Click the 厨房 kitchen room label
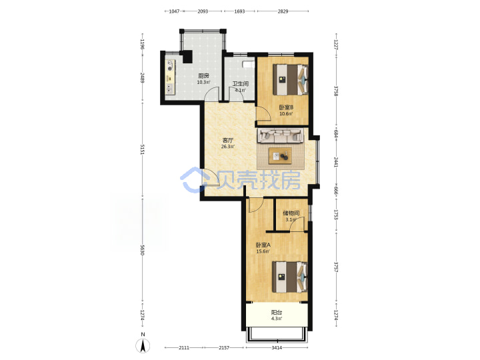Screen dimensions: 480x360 (x=203, y=76)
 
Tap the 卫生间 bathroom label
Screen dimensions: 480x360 (x=240, y=83)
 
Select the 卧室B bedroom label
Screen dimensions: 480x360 (x=286, y=107)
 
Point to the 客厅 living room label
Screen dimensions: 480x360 (x=228, y=141)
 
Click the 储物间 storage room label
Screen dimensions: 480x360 (x=291, y=213)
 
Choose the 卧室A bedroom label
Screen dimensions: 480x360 (x=263, y=245)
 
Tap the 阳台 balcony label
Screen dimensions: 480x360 (x=277, y=313)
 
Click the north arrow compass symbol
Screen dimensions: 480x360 (x=143, y=346)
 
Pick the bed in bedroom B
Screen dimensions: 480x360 (x=291, y=79)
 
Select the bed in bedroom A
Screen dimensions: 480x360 (x=290, y=277)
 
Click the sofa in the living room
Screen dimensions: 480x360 (x=281, y=136)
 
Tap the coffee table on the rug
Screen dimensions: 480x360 (x=280, y=156)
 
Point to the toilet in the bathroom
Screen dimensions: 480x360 (x=248, y=65)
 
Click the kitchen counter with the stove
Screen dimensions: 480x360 (x=170, y=76)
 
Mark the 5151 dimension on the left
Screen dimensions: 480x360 (x=142, y=149)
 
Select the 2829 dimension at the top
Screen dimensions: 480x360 (x=283, y=11)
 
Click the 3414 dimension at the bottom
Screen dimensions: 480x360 (x=277, y=348)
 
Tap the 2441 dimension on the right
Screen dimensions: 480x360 (x=336, y=162)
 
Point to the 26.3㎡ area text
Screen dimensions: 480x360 (x=228, y=147)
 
